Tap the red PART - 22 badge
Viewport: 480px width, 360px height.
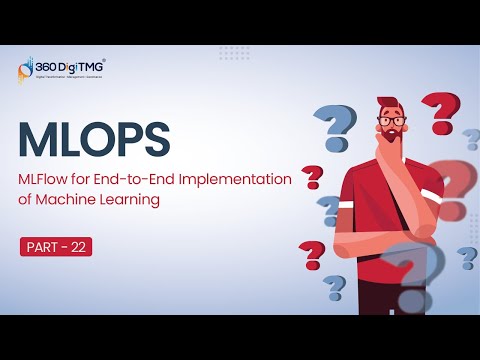click(x=56, y=246)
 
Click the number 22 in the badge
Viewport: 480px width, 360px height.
click(x=76, y=246)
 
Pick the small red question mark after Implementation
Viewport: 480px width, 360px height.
click(x=312, y=178)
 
